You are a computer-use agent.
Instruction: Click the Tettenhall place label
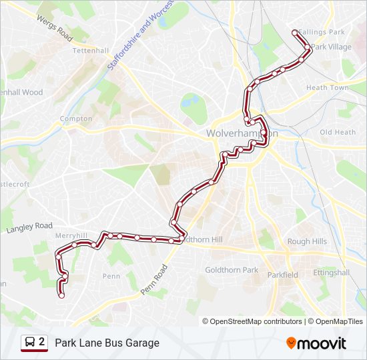click(x=90, y=50)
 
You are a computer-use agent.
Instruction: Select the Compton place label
click(x=76, y=119)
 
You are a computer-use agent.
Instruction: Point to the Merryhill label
click(x=72, y=236)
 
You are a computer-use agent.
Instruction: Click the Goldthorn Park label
click(x=232, y=270)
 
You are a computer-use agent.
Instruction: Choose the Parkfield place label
click(x=282, y=275)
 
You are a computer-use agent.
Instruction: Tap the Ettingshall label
click(x=332, y=272)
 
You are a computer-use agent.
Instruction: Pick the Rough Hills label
click(x=307, y=241)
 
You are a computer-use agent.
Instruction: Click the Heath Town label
click(x=327, y=88)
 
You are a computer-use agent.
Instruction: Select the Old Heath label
click(x=338, y=132)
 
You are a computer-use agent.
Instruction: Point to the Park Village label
click(x=332, y=47)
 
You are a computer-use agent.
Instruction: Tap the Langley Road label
click(x=29, y=228)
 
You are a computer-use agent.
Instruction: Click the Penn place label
click(x=111, y=276)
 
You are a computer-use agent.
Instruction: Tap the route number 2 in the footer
click(x=42, y=343)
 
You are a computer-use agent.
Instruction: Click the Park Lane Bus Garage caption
click(x=107, y=343)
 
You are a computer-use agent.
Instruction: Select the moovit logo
click(x=316, y=343)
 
